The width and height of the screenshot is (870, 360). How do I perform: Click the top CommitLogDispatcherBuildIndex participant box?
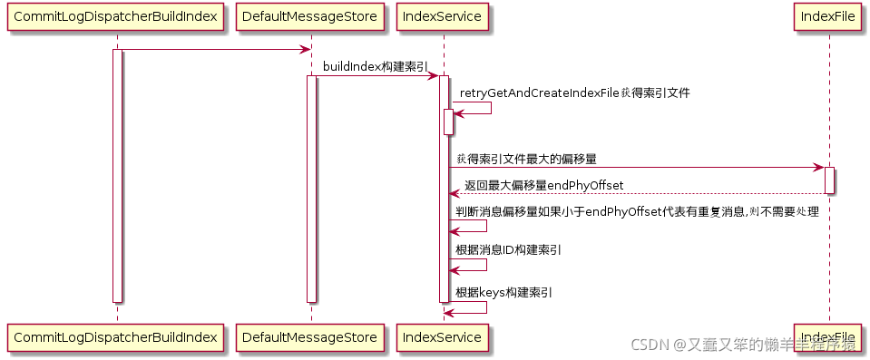click(116, 17)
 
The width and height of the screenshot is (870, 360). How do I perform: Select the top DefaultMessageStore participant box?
click(310, 17)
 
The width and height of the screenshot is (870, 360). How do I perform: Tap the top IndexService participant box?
click(444, 17)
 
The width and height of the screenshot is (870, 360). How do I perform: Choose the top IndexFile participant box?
click(828, 17)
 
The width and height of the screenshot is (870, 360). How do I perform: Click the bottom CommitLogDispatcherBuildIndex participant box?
click(116, 337)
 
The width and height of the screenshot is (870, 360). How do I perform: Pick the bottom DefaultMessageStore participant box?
click(310, 337)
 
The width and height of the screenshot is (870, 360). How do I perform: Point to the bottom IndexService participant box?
click(444, 337)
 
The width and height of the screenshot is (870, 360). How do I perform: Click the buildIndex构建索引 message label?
click(376, 66)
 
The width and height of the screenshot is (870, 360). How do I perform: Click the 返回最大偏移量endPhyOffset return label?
click(543, 185)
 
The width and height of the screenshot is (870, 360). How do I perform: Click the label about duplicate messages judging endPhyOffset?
click(637, 211)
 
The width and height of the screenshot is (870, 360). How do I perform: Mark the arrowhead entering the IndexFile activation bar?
click(818, 168)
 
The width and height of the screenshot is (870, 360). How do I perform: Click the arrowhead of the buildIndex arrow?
click(435, 75)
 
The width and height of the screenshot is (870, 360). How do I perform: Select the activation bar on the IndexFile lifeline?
click(829, 180)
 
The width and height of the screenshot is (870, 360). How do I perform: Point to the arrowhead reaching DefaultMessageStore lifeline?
click(306, 50)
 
